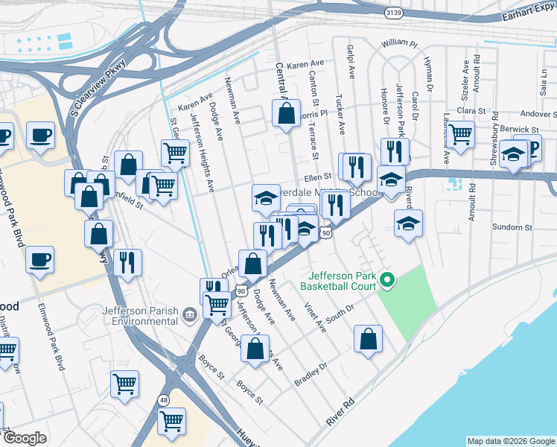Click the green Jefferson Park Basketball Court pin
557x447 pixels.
(386, 281)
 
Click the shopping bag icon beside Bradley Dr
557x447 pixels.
(368, 339)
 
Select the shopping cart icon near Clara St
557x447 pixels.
(461, 135)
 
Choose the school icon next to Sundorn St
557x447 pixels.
(408, 223)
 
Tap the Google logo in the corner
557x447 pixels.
(25, 438)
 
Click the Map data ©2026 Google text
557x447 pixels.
(510, 441)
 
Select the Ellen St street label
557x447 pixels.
(316, 177)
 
